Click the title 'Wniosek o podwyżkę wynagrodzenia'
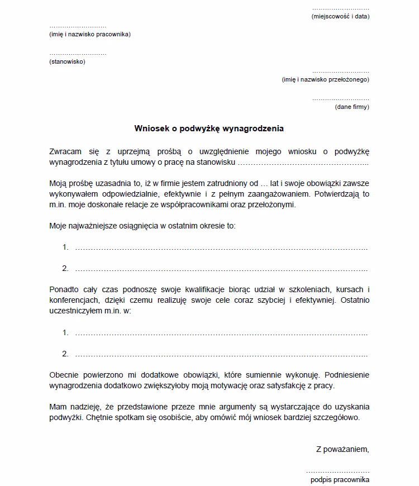coord(209,128)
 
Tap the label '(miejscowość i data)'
coord(340,17)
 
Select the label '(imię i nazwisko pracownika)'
coord(90,35)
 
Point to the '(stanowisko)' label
coord(67,61)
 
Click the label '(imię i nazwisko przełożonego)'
coord(326,80)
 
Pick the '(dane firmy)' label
coord(352,107)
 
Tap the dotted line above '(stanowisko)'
coord(78,54)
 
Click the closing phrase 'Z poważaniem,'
coord(342,449)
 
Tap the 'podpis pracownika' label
coord(340,480)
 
